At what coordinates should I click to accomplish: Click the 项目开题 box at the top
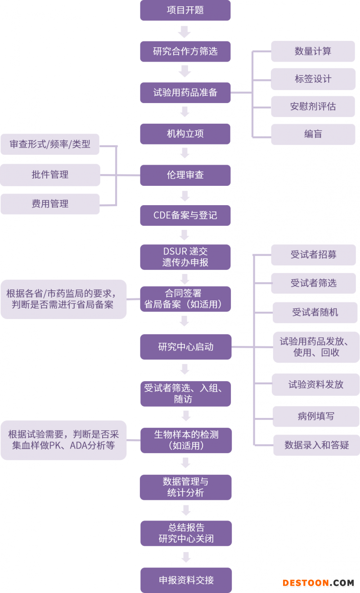coord(185,10)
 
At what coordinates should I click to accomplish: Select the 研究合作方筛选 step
coord(185,51)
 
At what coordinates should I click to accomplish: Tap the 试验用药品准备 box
coord(185,93)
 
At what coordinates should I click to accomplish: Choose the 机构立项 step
coord(185,134)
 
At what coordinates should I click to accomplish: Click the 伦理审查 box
coord(185,175)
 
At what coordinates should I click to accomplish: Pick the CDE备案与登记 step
coord(185,216)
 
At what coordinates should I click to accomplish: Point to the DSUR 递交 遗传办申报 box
coord(185,257)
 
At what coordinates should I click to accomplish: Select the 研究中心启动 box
coord(185,347)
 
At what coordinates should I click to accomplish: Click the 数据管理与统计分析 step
coord(185,487)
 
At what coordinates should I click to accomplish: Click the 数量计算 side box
coord(313,51)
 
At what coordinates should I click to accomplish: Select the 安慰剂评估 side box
coord(313,107)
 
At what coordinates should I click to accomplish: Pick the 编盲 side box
coord(313,134)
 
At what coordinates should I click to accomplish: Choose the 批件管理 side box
coord(50,175)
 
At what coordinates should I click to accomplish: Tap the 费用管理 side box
coord(50,204)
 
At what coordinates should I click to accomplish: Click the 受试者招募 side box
coord(313,255)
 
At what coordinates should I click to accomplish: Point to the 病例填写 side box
coord(316,416)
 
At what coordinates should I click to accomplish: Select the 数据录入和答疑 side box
coord(316,445)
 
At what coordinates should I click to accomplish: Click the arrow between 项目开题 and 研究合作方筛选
coord(184,31)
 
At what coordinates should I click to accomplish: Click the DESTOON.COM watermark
coord(318,583)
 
